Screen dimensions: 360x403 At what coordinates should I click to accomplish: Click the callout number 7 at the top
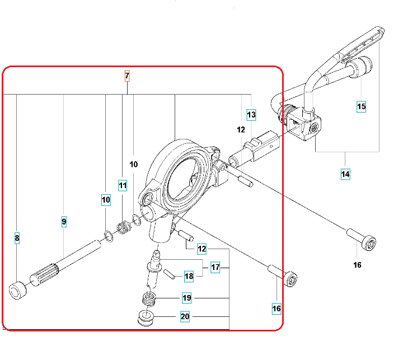[127, 76]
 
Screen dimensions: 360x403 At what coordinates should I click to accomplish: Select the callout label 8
[17, 239]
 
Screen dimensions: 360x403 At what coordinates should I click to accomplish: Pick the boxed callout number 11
[123, 185]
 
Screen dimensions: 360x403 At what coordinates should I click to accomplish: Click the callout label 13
[251, 115]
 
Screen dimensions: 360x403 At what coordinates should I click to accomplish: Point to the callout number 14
[345, 174]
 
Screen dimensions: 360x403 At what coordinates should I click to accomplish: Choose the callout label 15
[361, 105]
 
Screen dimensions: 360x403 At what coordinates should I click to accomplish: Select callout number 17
[215, 267]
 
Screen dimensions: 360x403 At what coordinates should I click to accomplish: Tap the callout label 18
[189, 275]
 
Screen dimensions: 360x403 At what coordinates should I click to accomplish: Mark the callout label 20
[185, 317]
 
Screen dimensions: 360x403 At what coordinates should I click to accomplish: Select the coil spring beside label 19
[149, 300]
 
